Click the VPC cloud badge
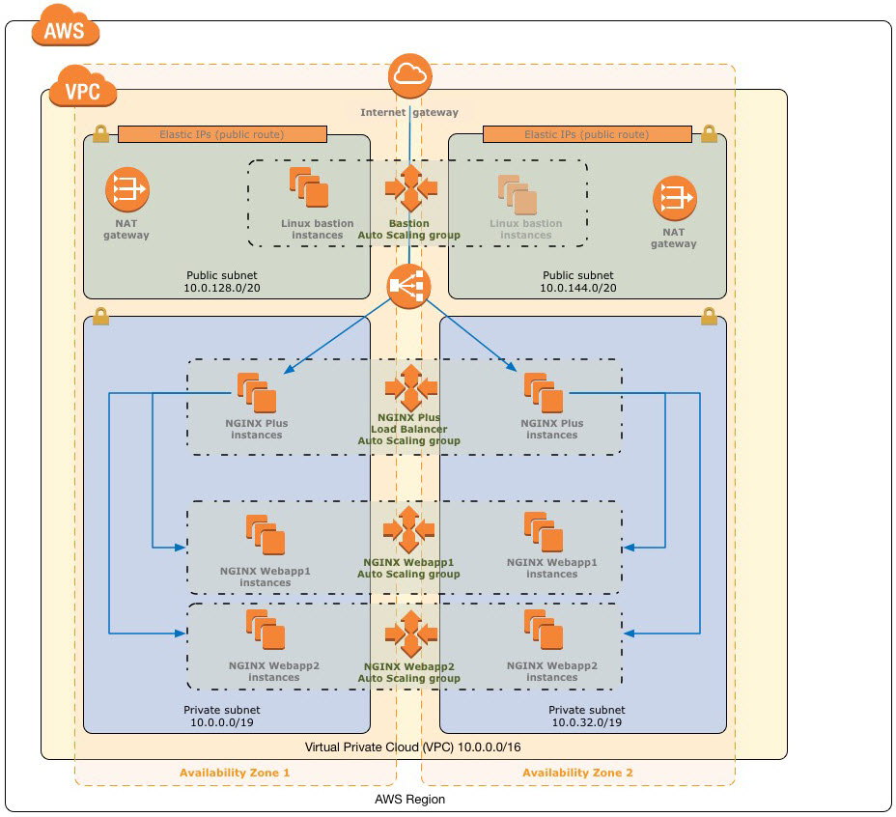click(84, 89)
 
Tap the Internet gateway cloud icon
click(408, 78)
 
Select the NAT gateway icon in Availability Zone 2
click(673, 197)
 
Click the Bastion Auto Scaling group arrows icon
click(409, 187)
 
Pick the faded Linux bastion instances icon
click(518, 195)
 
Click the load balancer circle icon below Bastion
click(408, 285)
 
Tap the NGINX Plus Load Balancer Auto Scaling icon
click(409, 388)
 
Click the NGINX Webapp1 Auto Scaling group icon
click(409, 528)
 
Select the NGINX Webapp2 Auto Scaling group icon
click(409, 634)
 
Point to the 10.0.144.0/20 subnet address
click(578, 288)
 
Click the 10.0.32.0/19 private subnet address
click(587, 721)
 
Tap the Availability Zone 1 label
click(235, 773)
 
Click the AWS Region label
click(409, 800)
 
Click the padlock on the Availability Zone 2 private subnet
click(708, 316)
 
